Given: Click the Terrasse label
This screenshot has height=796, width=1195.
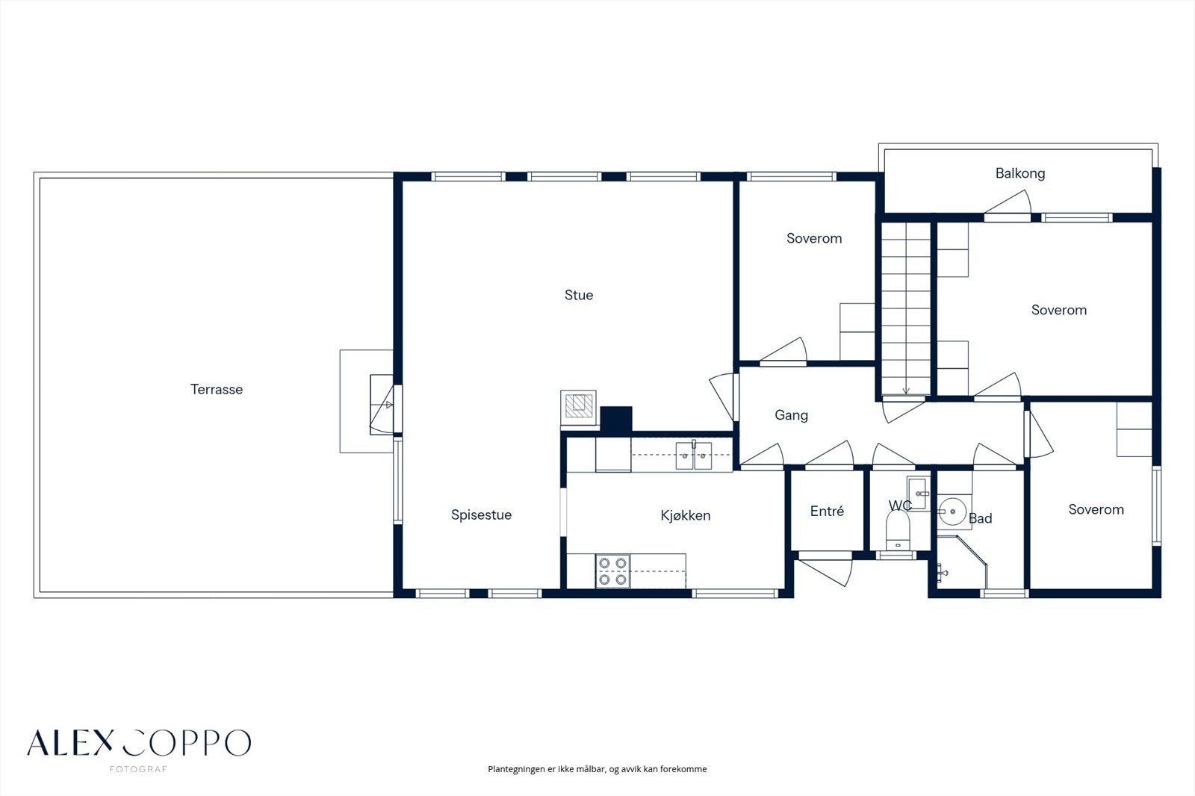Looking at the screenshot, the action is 217,390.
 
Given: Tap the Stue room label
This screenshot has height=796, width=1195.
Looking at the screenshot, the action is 579,295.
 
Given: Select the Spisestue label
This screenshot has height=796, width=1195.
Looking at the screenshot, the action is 481,514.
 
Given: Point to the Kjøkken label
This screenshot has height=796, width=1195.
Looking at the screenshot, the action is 686,515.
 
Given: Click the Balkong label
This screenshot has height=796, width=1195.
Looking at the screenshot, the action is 1020,173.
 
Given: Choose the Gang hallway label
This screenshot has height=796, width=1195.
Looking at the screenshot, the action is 791,415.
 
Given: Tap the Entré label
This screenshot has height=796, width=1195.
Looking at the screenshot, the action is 827,511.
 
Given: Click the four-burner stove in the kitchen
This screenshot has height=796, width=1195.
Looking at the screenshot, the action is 612,570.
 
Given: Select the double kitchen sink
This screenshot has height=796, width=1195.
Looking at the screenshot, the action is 694,455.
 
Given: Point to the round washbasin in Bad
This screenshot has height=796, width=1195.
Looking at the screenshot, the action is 953,512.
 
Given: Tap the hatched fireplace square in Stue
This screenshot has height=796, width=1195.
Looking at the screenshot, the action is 578,405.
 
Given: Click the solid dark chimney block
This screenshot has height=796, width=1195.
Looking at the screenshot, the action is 616,420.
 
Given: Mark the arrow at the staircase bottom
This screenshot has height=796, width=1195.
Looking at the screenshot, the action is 906,391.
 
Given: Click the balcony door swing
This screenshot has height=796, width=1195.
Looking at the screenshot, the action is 1008,203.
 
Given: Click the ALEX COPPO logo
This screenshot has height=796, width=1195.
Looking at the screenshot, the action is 139,743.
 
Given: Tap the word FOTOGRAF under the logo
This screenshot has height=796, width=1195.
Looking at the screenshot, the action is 138,769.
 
